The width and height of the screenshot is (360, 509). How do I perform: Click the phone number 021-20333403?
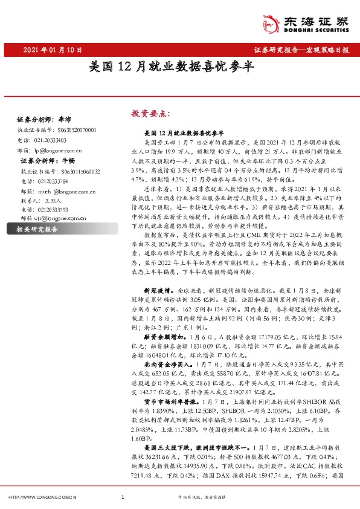(x=51, y=140)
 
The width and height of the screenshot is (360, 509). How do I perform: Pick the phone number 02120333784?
(x=53, y=181)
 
